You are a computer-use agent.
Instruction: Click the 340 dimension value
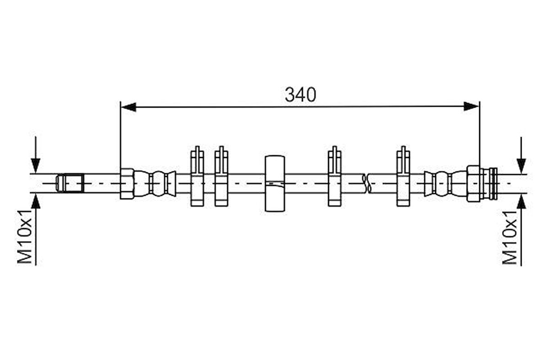coord(300,95)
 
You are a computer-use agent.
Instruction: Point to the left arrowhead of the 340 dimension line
coord(128,107)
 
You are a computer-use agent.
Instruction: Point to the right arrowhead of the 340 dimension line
coord(471,107)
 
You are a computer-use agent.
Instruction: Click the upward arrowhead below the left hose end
coord(36,201)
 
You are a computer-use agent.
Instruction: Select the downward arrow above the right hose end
coord(521,155)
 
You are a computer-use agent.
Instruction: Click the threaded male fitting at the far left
coord(70,183)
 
